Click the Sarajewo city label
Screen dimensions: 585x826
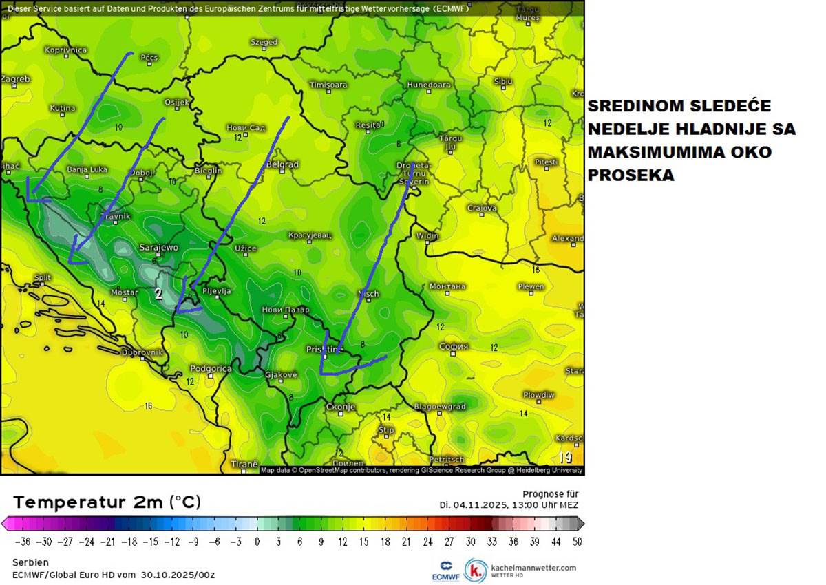click(x=158, y=247)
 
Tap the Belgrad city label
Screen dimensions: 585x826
click(x=282, y=164)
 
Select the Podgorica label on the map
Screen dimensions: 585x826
click(x=211, y=369)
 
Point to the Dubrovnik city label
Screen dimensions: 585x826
click(x=141, y=352)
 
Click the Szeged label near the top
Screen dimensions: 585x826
click(x=264, y=43)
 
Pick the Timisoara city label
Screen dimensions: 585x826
click(x=328, y=85)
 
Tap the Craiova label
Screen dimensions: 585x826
click(x=482, y=208)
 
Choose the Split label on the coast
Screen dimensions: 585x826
click(x=43, y=278)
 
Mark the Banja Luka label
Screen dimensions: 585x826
click(x=87, y=169)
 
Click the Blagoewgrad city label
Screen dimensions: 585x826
click(x=440, y=407)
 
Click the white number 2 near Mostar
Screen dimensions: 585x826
click(x=158, y=294)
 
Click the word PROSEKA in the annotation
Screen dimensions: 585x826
click(x=631, y=175)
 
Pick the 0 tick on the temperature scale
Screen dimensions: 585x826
click(x=257, y=542)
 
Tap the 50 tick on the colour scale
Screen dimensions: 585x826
click(x=577, y=542)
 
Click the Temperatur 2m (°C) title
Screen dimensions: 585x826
click(x=107, y=502)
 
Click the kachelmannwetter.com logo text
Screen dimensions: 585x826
click(x=533, y=568)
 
